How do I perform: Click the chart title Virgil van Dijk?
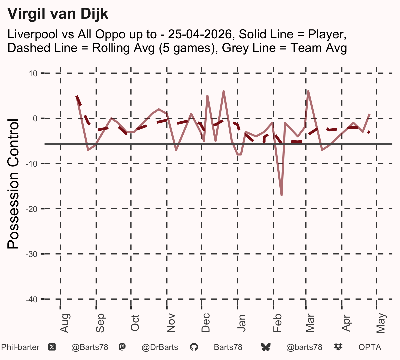[x=58, y=14]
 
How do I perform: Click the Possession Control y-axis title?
[x=13, y=184]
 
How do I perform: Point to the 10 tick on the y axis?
[x=33, y=74]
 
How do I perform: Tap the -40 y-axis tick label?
[x=32, y=300]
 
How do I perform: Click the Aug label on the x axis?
[x=65, y=323]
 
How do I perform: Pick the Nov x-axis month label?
[x=171, y=323]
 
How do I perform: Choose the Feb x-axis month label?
[x=278, y=323]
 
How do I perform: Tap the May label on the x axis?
[x=381, y=323]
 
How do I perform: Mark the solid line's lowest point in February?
[x=282, y=195]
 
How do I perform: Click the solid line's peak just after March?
[x=308, y=91]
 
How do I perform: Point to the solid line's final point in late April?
[x=370, y=114]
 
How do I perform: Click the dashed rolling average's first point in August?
[x=77, y=96]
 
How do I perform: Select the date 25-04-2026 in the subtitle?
[x=200, y=34]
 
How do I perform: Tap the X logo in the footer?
[x=52, y=347]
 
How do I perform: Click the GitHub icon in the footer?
[x=194, y=347]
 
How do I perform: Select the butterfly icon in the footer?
[x=266, y=347]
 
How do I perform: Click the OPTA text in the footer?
[x=370, y=347]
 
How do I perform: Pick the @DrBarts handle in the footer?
[x=160, y=347]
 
